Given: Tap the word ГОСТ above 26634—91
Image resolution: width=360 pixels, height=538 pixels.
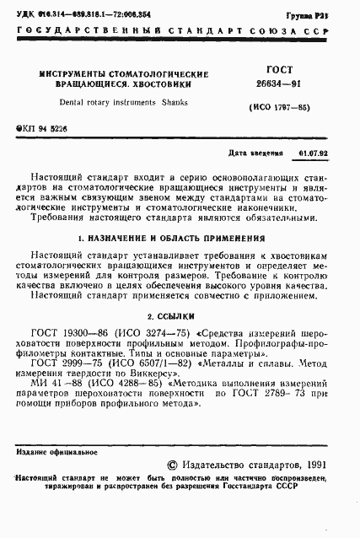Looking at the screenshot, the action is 269,73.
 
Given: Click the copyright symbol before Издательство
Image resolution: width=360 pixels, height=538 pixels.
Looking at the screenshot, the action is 175,463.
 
